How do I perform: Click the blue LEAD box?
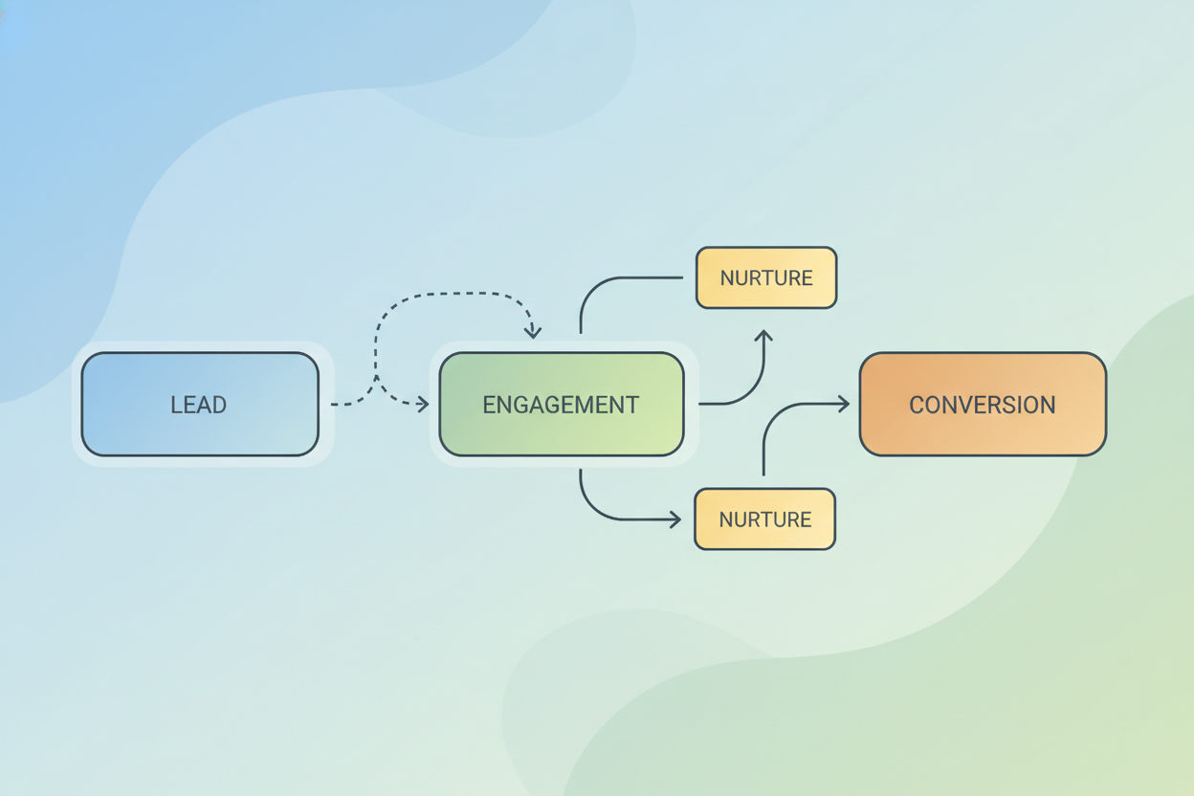(200, 404)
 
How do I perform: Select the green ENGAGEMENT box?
(562, 404)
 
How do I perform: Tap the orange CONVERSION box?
(983, 404)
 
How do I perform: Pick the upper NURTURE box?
(766, 277)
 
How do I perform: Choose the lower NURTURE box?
(765, 519)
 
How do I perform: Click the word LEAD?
(199, 405)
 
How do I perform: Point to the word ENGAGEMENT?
(561, 405)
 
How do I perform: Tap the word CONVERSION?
(983, 405)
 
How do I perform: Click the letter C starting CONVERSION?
(917, 405)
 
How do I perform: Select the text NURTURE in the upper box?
(766, 278)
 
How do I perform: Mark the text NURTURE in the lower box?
(765, 520)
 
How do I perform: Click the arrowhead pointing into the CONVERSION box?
(844, 404)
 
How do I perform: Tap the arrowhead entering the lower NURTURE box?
(675, 520)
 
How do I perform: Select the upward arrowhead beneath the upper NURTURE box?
(763, 336)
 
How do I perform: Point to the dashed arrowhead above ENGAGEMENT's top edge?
(533, 332)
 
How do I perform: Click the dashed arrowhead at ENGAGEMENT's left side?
(422, 405)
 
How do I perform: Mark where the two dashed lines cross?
(376, 377)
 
